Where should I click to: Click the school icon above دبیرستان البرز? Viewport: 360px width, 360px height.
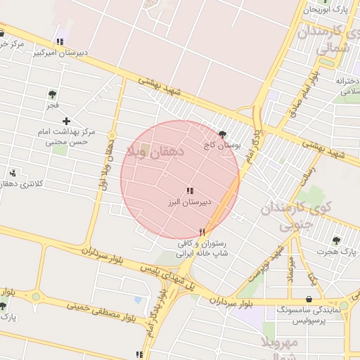coord(189,191)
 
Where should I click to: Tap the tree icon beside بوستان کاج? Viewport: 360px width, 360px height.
coord(223,134)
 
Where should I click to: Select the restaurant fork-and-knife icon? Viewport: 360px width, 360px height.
coord(202,231)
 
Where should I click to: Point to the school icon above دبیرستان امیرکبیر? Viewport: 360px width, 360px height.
coord(60,41)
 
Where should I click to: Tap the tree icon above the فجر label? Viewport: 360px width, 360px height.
coord(52,94)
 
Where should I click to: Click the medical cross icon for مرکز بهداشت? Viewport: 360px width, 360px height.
coord(66,122)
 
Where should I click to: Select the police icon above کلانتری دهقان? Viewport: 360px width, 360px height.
coord(13,173)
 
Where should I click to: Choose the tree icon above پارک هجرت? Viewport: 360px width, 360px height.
coord(335,240)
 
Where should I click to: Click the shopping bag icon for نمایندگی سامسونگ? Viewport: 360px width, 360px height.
coord(309,299)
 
